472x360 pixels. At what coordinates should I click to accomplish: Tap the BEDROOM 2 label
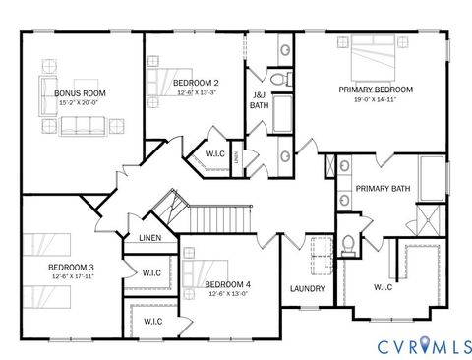[196, 83]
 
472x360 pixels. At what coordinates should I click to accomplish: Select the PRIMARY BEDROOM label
[376, 90]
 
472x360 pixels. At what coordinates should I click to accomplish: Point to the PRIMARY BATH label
[383, 188]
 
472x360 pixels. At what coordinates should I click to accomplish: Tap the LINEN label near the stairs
[149, 238]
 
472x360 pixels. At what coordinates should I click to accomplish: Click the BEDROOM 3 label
[71, 267]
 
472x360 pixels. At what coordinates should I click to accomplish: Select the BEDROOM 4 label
[228, 285]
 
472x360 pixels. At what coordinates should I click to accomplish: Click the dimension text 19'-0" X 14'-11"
[376, 99]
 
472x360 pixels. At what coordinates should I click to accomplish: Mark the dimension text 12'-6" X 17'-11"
[71, 276]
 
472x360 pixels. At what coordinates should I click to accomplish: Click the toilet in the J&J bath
[279, 78]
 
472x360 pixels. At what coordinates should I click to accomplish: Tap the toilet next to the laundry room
[348, 245]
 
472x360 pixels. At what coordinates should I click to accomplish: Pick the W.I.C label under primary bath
[383, 287]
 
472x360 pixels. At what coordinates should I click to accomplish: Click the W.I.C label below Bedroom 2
[216, 153]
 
